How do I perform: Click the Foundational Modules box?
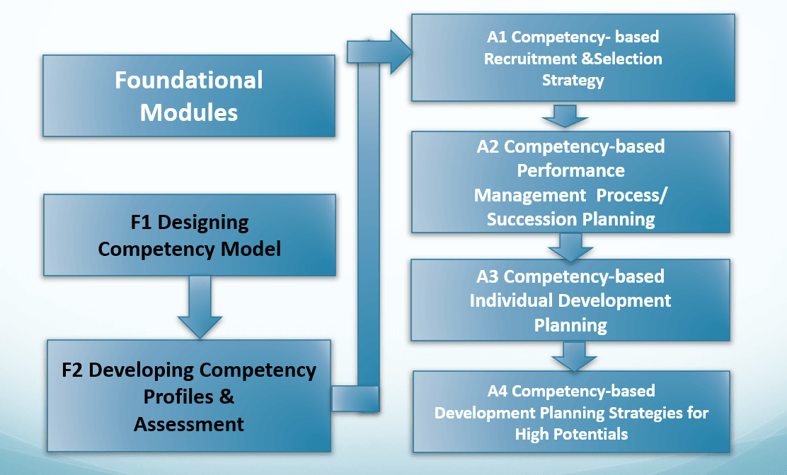coord(188,95)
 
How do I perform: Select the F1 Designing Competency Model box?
coord(189,235)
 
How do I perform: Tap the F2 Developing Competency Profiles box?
coord(189,396)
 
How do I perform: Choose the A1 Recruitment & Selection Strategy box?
coord(573,58)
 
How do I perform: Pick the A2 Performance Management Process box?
coord(570,182)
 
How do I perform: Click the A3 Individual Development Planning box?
coord(570,300)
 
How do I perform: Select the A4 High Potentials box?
coord(570,411)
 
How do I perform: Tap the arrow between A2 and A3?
coord(570,246)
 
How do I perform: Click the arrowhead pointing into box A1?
coord(400,52)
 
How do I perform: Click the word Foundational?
coord(188,80)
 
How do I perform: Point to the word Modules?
coord(188,112)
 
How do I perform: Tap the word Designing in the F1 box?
coord(202,223)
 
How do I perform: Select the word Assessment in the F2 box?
coord(189,424)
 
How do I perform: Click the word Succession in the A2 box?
coord(529,219)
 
